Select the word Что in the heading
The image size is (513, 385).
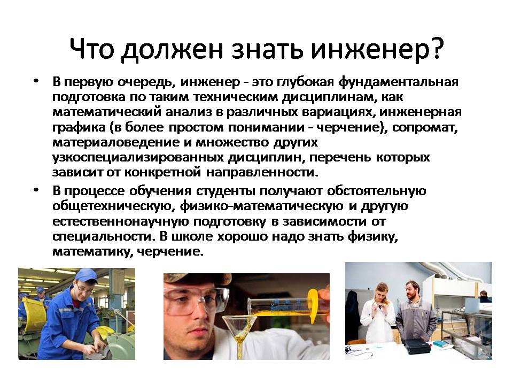pyautogui.click(x=92, y=49)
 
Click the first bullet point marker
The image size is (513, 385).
pyautogui.click(x=36, y=81)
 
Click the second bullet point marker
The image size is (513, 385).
pyautogui.click(x=36, y=189)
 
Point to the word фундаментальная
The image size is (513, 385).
pyautogui.click(x=398, y=82)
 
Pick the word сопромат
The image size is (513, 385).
pyautogui.click(x=425, y=127)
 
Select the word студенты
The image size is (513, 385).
pyautogui.click(x=226, y=191)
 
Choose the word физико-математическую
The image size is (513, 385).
pyautogui.click(x=261, y=206)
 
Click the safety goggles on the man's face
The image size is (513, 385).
pyautogui.click(x=196, y=299)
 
